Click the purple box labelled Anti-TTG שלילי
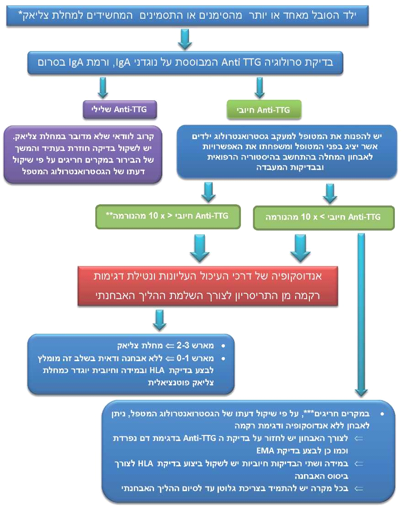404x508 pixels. click(x=120, y=109)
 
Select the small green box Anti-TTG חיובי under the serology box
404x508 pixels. click(x=259, y=110)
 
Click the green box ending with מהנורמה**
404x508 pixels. click(x=167, y=217)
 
